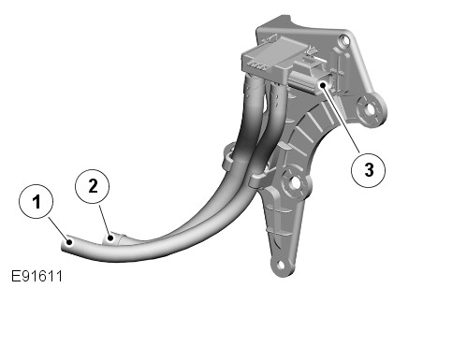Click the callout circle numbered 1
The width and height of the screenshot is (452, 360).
pos(36,201)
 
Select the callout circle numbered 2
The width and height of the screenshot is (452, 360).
pos(93,186)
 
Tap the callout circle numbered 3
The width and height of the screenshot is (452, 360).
pos(369,170)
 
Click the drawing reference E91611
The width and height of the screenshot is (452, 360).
pos(36,276)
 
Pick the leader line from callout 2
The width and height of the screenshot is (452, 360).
pos(105,221)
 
